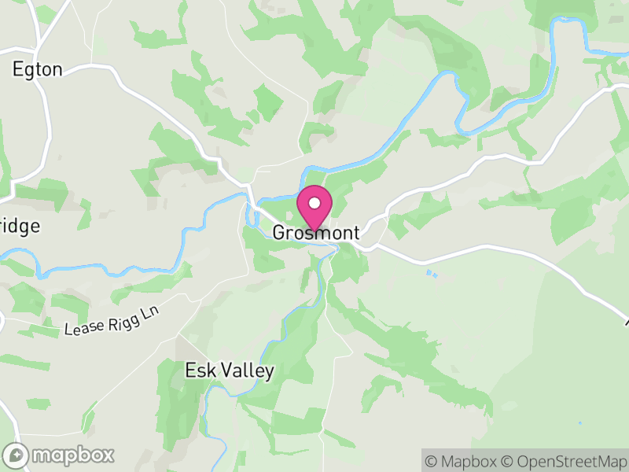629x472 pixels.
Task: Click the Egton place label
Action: click(x=37, y=69)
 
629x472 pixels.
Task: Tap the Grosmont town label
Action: click(x=316, y=233)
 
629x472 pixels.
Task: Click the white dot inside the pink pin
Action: click(x=314, y=203)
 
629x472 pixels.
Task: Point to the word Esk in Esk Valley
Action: click(x=199, y=371)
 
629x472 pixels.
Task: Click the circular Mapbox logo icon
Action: click(x=16, y=455)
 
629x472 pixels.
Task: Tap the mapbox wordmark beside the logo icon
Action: click(x=72, y=455)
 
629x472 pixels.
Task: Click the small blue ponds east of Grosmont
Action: click(x=431, y=274)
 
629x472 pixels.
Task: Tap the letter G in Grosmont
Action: click(x=280, y=233)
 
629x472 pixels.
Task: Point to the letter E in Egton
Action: click(x=18, y=69)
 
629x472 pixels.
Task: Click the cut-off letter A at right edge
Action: click(x=627, y=321)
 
